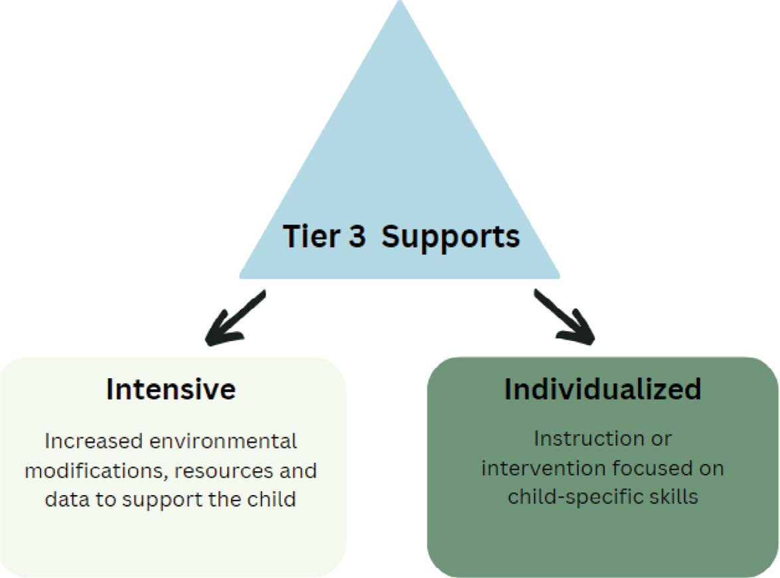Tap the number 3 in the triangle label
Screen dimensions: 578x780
pyautogui.click(x=356, y=236)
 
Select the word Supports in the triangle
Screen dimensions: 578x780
pyautogui.click(x=451, y=237)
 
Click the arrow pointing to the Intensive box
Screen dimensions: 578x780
pyautogui.click(x=235, y=319)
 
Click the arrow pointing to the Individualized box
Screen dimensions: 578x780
pyautogui.click(x=564, y=319)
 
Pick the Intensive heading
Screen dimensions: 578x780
pyautogui.click(x=171, y=390)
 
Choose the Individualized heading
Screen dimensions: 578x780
pyautogui.click(x=602, y=390)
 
